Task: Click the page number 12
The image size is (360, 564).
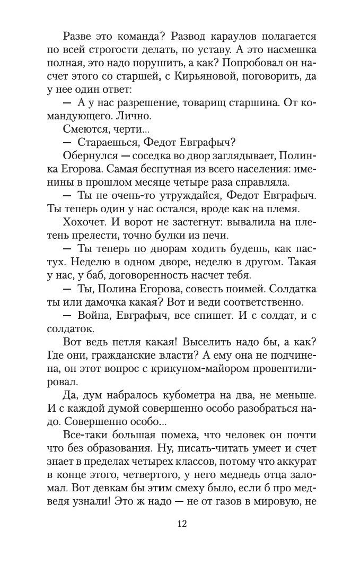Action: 180,523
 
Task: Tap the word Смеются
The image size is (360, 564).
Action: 85,129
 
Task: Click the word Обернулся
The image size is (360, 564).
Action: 89,155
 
